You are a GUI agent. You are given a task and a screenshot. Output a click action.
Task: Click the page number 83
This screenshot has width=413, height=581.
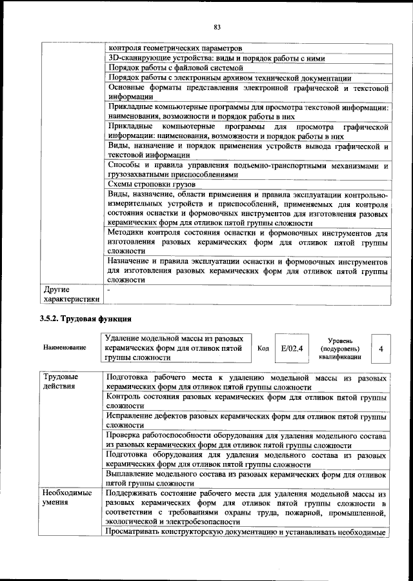[217, 26]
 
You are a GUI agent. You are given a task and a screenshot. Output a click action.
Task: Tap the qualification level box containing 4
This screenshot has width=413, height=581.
[381, 348]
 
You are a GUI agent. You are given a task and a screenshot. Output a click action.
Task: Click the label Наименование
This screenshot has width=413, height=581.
[65, 348]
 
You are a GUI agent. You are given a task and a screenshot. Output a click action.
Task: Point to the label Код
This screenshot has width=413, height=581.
[263, 348]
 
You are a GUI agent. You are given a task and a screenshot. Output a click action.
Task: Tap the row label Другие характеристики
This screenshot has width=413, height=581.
[70, 294]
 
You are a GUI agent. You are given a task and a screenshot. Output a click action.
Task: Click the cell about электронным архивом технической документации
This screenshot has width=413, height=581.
[229, 77]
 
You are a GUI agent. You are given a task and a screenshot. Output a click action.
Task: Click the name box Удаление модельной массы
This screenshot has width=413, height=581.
[176, 348]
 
